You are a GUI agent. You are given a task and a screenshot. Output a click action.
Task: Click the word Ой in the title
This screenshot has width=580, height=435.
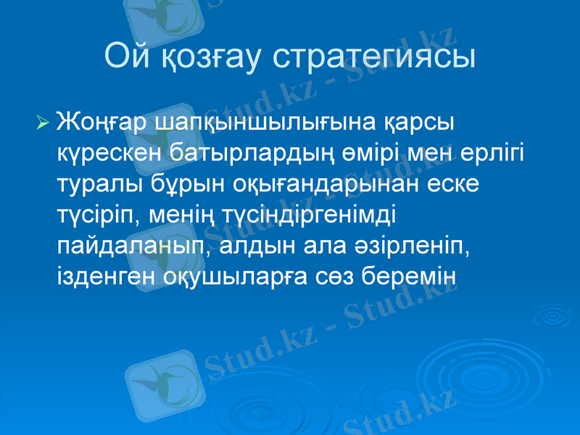125,57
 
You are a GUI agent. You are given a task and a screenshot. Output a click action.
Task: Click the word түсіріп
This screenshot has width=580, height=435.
94,215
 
